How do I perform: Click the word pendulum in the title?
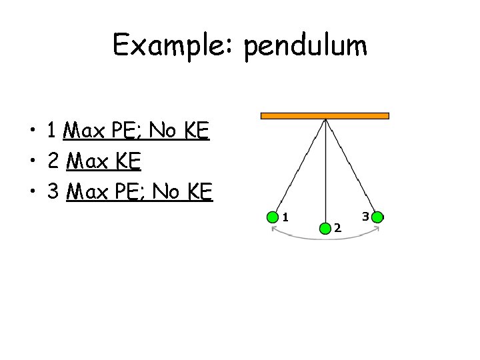coord(305,47)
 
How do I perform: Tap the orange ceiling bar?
coord(324,115)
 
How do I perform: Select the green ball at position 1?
coord(273,217)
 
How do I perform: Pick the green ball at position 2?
coord(325,227)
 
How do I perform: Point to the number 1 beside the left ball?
coord(285,216)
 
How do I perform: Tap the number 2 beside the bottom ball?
coord(337,228)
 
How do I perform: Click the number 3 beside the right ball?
coord(365,215)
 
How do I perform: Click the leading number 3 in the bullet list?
coord(53,193)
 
